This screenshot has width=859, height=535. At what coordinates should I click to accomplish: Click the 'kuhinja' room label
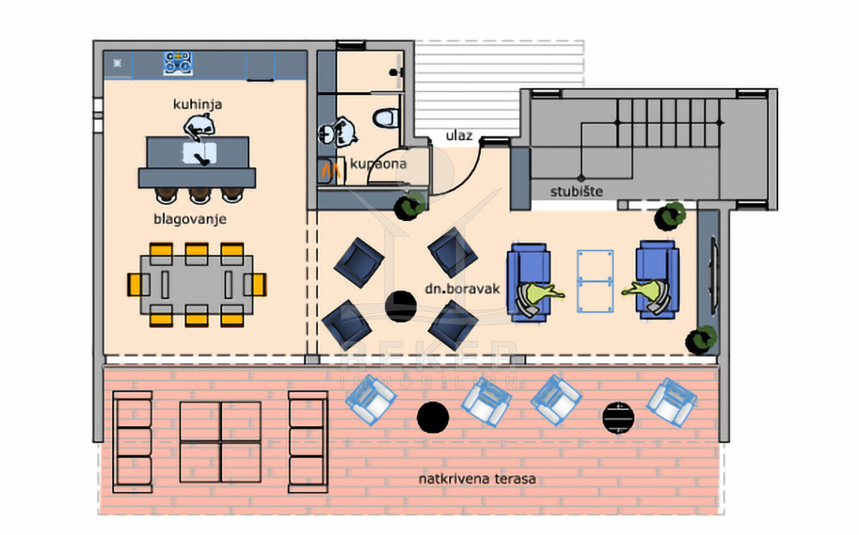pyautogui.click(x=197, y=104)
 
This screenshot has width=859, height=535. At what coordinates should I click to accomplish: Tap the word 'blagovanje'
pyautogui.click(x=190, y=220)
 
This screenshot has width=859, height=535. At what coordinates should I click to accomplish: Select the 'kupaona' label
pyautogui.click(x=378, y=164)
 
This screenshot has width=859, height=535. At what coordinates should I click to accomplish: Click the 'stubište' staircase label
pyautogui.click(x=577, y=191)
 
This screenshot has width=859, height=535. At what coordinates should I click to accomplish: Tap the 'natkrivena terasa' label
pyautogui.click(x=477, y=478)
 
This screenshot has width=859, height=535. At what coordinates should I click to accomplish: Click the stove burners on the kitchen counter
pyautogui.click(x=177, y=62)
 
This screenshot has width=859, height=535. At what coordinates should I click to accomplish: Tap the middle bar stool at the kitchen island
pyautogui.click(x=199, y=195)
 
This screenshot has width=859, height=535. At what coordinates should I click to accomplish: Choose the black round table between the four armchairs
pyautogui.click(x=401, y=306)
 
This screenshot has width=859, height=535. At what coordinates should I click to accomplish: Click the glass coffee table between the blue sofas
pyautogui.click(x=596, y=281)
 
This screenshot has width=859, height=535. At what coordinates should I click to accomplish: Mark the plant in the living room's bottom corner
pyautogui.click(x=701, y=340)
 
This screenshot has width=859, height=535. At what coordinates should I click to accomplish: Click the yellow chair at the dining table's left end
pyautogui.click(x=135, y=285)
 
